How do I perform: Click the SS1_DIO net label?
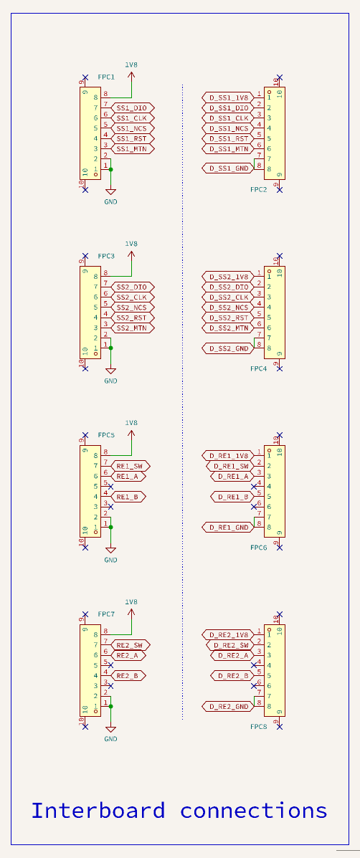[x=133, y=108]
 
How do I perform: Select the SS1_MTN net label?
[x=133, y=149]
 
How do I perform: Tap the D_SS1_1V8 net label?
[x=228, y=98]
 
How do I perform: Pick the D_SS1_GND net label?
[x=228, y=168]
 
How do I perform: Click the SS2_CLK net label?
[x=133, y=297]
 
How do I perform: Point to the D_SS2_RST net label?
[x=228, y=318]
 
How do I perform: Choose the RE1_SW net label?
[x=131, y=466]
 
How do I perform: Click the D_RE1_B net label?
[x=232, y=497]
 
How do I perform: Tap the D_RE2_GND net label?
[x=228, y=707]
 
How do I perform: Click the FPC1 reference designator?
[x=106, y=77]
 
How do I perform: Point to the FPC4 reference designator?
[x=259, y=369]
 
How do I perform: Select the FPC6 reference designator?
[x=259, y=548]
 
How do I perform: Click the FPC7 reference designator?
[x=106, y=614]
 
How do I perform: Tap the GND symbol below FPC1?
[x=110, y=191]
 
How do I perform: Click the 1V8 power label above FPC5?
[x=131, y=423]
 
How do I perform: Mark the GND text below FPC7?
[x=110, y=739]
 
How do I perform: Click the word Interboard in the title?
[x=98, y=811]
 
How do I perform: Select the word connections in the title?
[x=254, y=811]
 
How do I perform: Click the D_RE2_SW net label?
[x=230, y=645]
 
